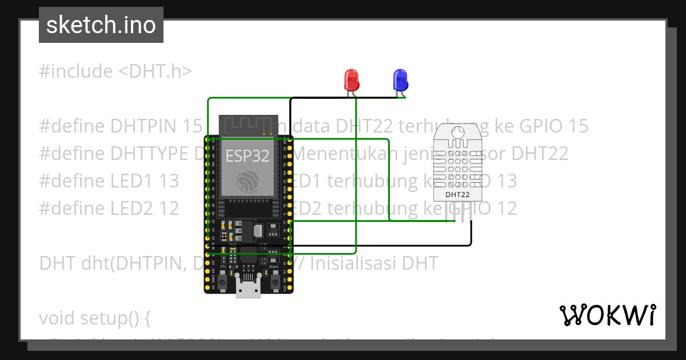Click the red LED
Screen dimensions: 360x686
(351, 79)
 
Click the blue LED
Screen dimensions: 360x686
(400, 79)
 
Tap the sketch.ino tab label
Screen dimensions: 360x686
(101, 25)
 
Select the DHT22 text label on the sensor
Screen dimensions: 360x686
(457, 194)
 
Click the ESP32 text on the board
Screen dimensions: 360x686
(248, 155)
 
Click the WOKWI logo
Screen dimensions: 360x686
(607, 315)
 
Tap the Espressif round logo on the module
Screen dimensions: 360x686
(248, 181)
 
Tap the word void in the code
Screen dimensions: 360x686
(58, 318)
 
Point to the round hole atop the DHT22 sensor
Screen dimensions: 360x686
(457, 133)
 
